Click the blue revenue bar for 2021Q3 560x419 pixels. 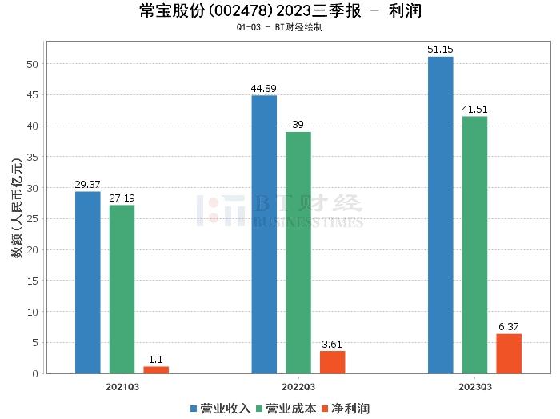click(x=88, y=282)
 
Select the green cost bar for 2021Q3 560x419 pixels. click(x=122, y=289)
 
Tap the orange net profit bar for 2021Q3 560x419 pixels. click(x=156, y=370)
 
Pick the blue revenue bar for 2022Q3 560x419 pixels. click(x=264, y=234)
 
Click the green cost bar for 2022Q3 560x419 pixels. click(x=298, y=253)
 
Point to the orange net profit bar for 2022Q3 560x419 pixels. click(x=333, y=362)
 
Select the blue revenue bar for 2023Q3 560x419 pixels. click(x=441, y=215)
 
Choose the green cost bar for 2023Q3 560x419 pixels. click(x=474, y=245)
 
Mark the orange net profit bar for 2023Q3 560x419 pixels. click(x=509, y=353)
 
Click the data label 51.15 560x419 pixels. click(x=441, y=50)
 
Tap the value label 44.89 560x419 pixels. click(x=264, y=88)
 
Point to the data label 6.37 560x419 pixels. click(x=509, y=327)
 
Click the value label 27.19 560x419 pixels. click(x=122, y=198)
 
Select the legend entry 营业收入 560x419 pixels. click(x=221, y=409)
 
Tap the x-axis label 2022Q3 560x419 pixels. click(x=298, y=385)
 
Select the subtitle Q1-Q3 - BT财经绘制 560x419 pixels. click(x=280, y=27)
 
